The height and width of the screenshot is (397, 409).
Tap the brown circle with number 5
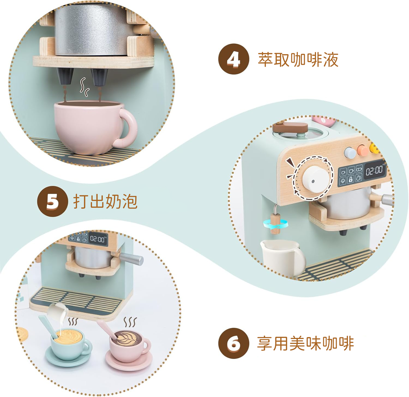click(x=53, y=201)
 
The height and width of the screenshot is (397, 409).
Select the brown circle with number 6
click(x=234, y=343)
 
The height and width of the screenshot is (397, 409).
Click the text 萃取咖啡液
click(x=298, y=60)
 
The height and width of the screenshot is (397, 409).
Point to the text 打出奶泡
click(x=105, y=202)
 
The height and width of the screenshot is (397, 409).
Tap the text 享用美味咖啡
click(x=306, y=344)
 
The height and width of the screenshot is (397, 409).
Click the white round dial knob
click(x=315, y=179)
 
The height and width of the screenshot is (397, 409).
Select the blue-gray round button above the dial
click(x=350, y=153)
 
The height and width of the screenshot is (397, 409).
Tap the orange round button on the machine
click(x=363, y=150)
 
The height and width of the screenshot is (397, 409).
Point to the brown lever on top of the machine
click(x=290, y=127)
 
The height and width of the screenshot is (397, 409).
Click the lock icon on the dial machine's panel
click(x=350, y=179)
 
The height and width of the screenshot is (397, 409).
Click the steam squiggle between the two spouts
click(x=85, y=87)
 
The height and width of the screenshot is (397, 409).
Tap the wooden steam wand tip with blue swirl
click(x=275, y=224)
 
